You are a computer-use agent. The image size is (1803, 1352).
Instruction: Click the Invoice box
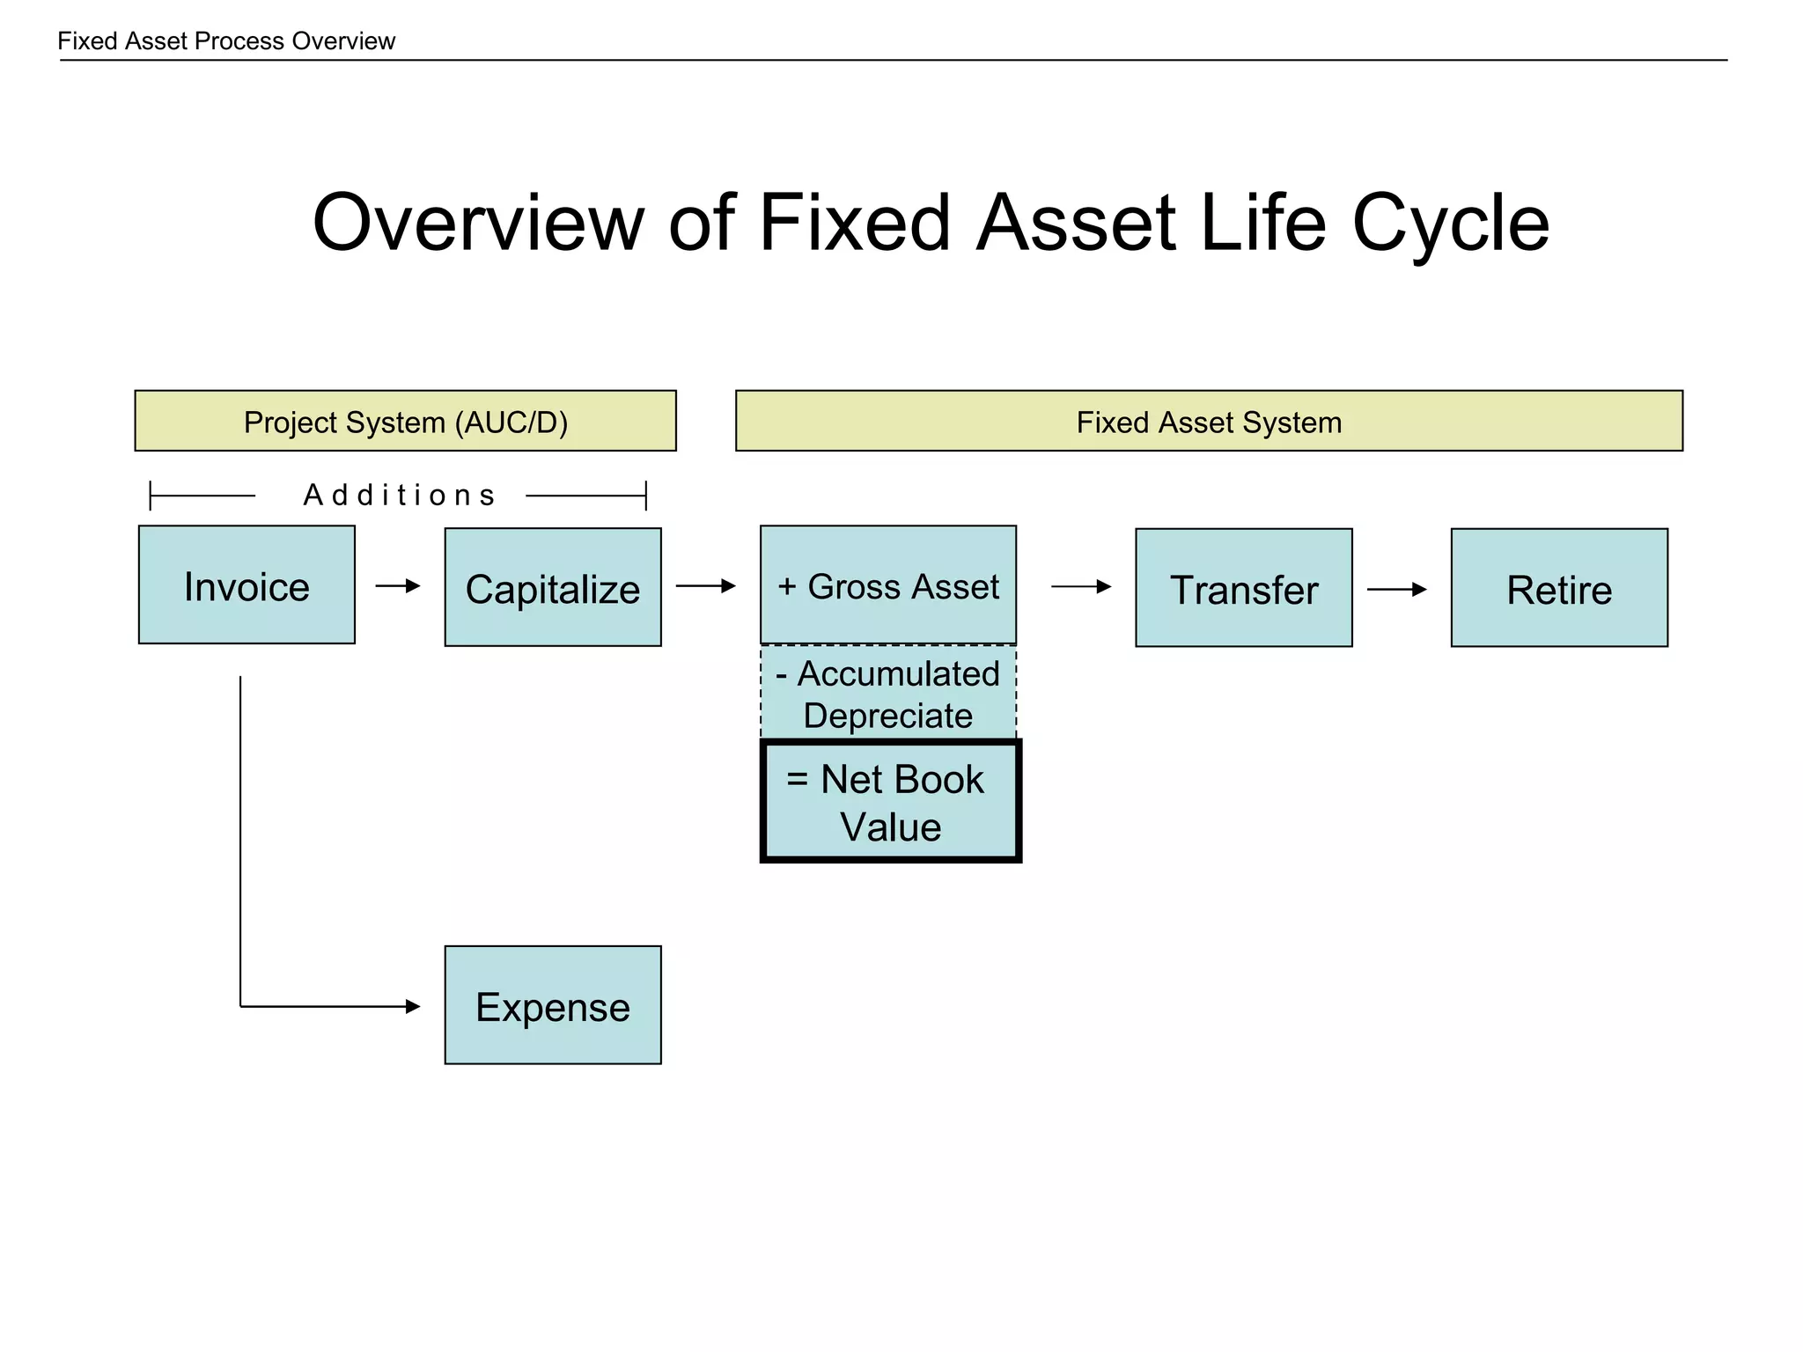pyautogui.click(x=247, y=585)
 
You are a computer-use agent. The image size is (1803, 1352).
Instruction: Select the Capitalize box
pyautogui.click(x=553, y=588)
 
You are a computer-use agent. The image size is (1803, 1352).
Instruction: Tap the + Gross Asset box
pyautogui.click(x=887, y=585)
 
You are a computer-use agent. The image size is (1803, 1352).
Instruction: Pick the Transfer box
pyautogui.click(x=1243, y=588)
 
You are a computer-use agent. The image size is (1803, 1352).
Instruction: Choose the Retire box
pyautogui.click(x=1558, y=588)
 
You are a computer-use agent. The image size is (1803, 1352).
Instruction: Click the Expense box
pyautogui.click(x=553, y=1005)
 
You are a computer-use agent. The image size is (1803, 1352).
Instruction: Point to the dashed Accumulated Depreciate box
pyautogui.click(x=887, y=694)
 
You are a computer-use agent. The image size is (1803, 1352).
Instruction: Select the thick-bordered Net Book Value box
pyautogui.click(x=890, y=802)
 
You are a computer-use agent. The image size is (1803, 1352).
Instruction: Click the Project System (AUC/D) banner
pyautogui.click(x=405, y=422)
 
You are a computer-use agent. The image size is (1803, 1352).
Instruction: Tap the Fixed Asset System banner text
pyautogui.click(x=1209, y=422)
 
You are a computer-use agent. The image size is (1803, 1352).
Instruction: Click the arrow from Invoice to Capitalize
pyautogui.click(x=398, y=585)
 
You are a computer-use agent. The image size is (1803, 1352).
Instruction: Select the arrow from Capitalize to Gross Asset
pyautogui.click(x=705, y=585)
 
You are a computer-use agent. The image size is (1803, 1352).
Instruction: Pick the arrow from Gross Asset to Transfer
pyautogui.click(x=1081, y=586)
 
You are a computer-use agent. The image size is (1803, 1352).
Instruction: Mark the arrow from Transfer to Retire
pyautogui.click(x=1396, y=589)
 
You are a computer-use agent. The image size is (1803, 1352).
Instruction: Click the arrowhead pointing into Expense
pyautogui.click(x=413, y=1006)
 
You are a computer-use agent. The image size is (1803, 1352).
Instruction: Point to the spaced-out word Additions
pyautogui.click(x=400, y=496)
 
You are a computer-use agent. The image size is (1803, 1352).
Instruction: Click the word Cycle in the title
pyautogui.click(x=1450, y=224)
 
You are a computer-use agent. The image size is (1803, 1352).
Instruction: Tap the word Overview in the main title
pyautogui.click(x=479, y=224)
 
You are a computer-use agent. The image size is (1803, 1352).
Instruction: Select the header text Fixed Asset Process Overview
pyautogui.click(x=226, y=41)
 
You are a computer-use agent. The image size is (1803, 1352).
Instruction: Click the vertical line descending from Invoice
pyautogui.click(x=240, y=836)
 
